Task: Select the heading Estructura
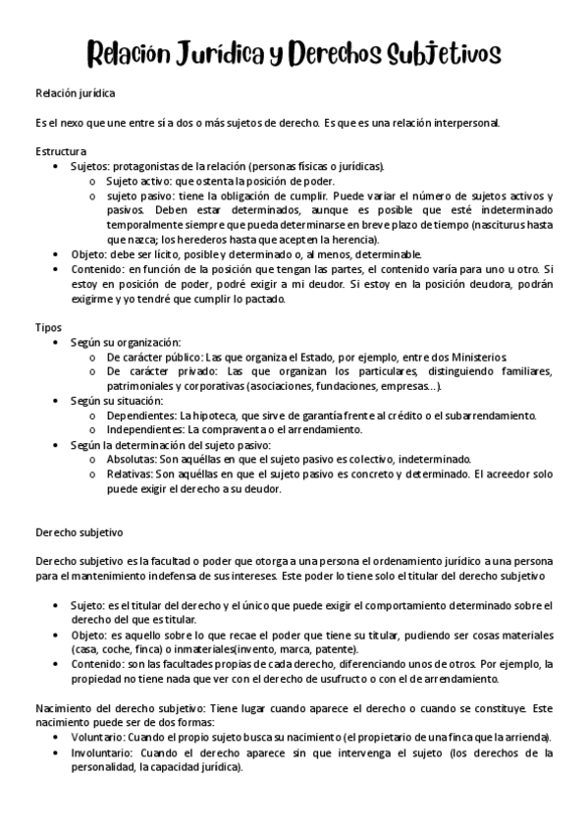pos(61,151)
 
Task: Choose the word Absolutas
pos(131,459)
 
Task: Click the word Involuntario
pos(104,752)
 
